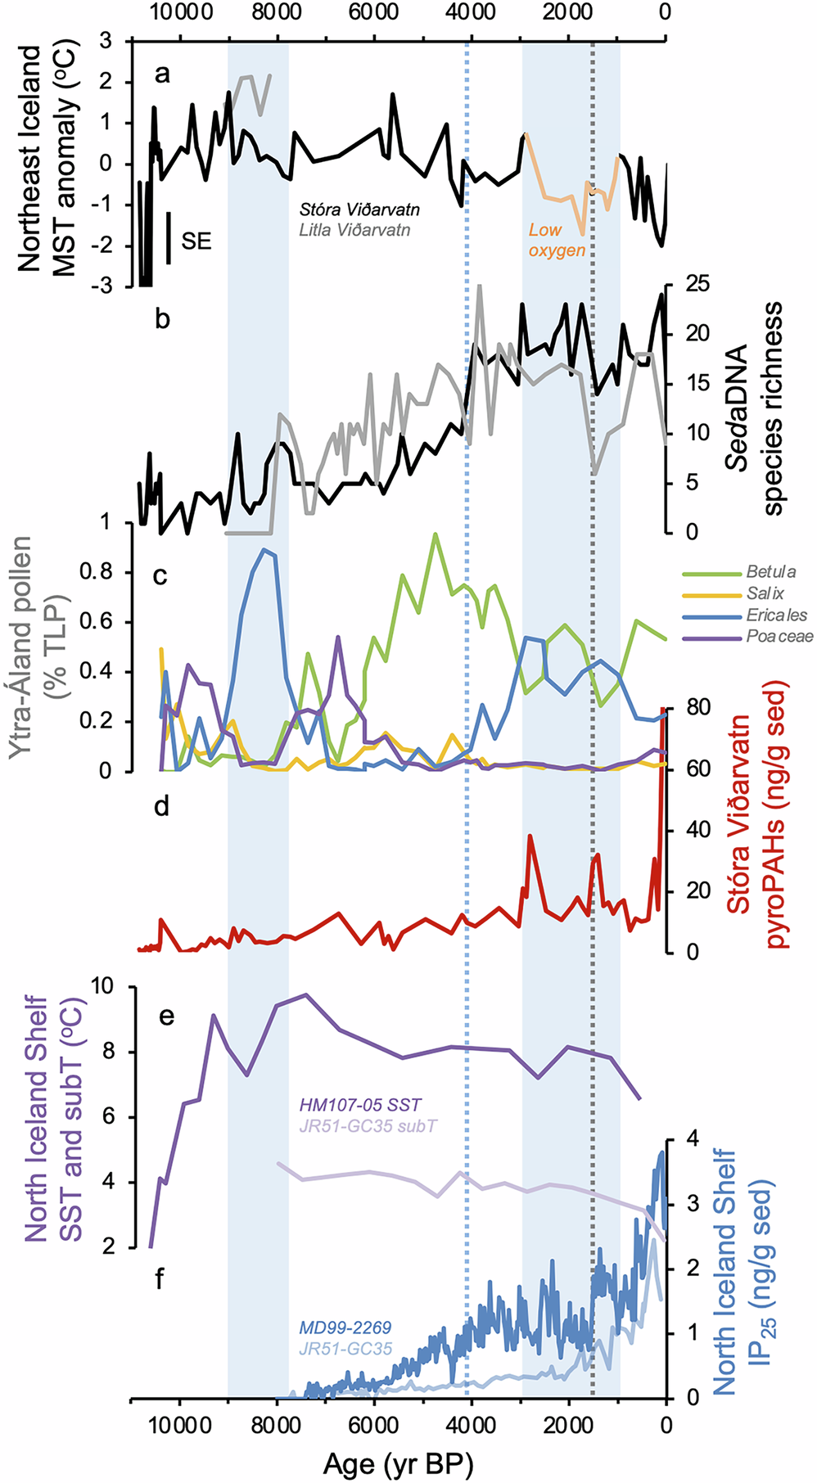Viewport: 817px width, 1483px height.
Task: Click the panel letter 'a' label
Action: (x=162, y=75)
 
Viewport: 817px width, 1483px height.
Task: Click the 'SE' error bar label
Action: (x=196, y=241)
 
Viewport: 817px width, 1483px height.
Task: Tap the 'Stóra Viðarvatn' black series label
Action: (x=359, y=210)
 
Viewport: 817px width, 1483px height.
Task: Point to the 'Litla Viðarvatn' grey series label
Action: (x=354, y=230)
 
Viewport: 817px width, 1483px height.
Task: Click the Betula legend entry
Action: (x=770, y=571)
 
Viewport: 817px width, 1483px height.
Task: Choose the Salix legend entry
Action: (x=765, y=593)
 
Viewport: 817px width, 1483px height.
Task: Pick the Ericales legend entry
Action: (x=776, y=615)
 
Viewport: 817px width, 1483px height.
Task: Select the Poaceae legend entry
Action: (x=779, y=636)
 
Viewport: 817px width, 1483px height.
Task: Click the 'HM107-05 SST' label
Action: (x=360, y=1105)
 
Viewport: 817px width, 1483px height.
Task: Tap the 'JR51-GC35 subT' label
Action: (x=368, y=1125)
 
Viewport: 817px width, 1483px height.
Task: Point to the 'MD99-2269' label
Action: (x=345, y=1327)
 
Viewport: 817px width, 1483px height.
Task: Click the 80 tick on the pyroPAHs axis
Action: (x=691, y=707)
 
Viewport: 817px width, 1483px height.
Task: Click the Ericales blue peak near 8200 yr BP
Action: (x=264, y=549)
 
